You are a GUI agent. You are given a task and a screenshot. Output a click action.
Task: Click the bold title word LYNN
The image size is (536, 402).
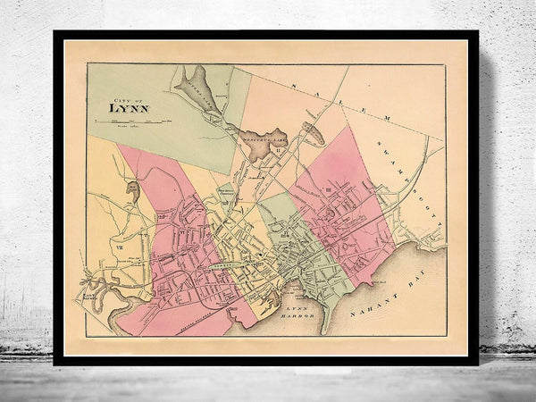(130, 112)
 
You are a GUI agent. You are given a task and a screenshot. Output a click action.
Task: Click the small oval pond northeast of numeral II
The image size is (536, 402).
(313, 134)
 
